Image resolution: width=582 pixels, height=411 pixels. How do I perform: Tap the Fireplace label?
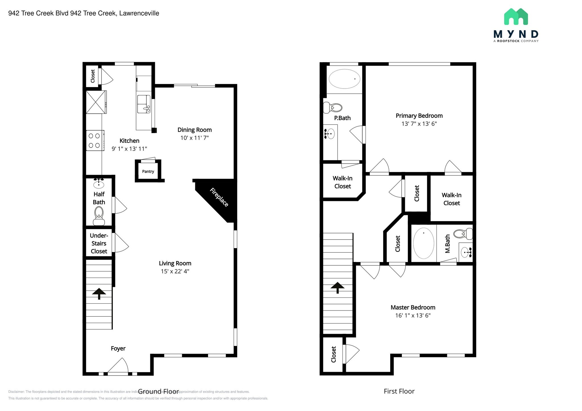(219, 197)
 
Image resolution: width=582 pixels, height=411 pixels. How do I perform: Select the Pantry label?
(148, 171)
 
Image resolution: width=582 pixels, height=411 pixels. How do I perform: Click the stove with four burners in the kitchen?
(95, 141)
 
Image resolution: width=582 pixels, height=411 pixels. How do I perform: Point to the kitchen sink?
(144, 104)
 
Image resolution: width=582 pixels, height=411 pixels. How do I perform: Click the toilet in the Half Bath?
(99, 215)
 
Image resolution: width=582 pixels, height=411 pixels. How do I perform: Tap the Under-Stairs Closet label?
(99, 243)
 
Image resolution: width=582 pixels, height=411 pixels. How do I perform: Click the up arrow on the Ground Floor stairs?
(99, 293)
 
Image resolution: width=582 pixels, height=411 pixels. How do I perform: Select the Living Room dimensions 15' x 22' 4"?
(175, 271)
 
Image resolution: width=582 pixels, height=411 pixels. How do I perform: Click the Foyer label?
(118, 348)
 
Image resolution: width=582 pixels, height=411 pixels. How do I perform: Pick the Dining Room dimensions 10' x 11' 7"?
(194, 138)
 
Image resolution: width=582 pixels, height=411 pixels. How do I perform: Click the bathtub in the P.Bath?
(344, 79)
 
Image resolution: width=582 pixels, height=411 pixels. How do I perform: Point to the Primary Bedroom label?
(419, 116)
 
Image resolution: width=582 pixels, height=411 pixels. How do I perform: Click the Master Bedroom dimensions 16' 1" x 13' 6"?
(413, 315)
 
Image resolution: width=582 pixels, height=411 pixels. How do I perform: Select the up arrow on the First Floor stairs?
(337, 287)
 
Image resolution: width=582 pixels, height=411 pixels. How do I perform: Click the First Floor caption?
(399, 391)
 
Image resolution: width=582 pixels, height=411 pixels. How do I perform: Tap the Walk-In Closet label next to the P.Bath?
(342, 182)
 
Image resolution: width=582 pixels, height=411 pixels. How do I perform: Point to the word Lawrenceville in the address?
(139, 13)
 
